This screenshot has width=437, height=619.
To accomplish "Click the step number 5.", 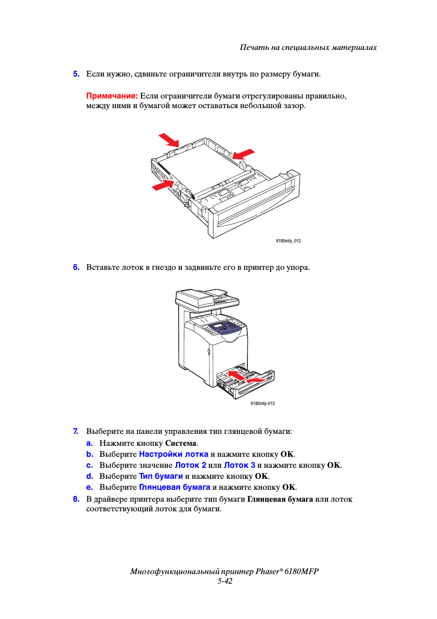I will pyautogui.click(x=76, y=74).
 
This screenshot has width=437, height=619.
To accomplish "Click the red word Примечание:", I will pyautogui.click(x=112, y=96).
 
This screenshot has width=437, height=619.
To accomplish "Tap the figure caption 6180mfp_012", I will pyautogui.click(x=288, y=241).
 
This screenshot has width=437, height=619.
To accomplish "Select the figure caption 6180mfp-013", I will pyautogui.click(x=262, y=404).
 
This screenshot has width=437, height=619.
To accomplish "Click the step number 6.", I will pyautogui.click(x=76, y=267).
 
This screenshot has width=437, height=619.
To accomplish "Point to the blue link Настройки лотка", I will pyautogui.click(x=174, y=454).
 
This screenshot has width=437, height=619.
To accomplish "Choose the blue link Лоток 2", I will pyautogui.click(x=191, y=465).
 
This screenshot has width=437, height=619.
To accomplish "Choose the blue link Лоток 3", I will pyautogui.click(x=240, y=465).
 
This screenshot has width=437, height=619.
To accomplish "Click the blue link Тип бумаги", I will pyautogui.click(x=161, y=476).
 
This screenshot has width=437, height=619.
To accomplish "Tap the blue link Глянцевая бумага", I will pyautogui.click(x=175, y=487).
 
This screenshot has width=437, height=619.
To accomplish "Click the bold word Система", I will pyautogui.click(x=181, y=443).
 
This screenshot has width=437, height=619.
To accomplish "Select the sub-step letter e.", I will pyautogui.click(x=89, y=487).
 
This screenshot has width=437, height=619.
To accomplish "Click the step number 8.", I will pyautogui.click(x=76, y=499).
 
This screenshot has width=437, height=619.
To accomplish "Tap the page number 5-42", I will pyautogui.click(x=224, y=581).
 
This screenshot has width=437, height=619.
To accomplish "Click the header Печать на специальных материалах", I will pyautogui.click(x=308, y=47).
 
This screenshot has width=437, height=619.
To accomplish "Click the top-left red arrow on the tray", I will pyautogui.click(x=169, y=140).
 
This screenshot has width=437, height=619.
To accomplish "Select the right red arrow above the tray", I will pyautogui.click(x=243, y=154).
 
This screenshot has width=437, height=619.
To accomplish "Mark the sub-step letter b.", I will pyautogui.click(x=89, y=454).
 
